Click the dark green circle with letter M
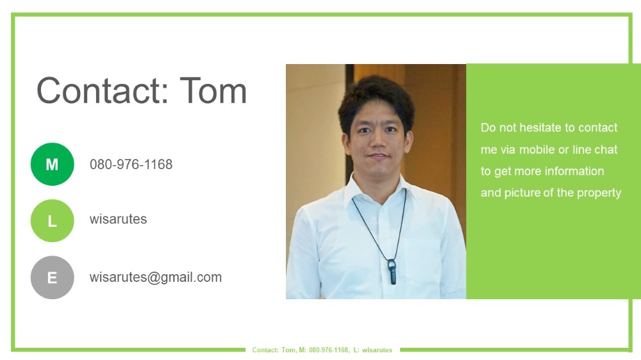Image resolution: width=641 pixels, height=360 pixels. click(53, 164)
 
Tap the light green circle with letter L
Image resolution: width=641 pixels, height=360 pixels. click(53, 220)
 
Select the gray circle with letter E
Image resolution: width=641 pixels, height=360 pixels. click(53, 277)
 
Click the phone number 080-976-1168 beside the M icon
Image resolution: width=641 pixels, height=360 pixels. click(131, 164)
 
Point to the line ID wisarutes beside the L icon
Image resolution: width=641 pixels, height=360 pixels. click(118, 219)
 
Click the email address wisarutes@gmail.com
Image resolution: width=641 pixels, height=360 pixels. click(156, 277)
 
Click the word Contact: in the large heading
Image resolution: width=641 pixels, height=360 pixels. click(103, 91)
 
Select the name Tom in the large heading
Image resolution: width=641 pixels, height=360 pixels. click(213, 91)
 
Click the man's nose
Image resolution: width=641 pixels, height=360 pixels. click(378, 142)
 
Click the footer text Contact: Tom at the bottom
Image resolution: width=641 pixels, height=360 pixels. click(274, 350)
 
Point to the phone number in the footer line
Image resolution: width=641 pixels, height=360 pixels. click(329, 350)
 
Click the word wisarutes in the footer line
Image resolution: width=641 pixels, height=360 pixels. click(378, 350)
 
